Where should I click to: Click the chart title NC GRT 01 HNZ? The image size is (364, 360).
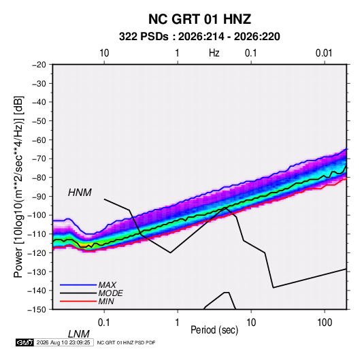[199, 19]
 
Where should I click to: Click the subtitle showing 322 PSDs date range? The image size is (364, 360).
[199, 37]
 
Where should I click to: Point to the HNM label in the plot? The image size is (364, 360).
[80, 193]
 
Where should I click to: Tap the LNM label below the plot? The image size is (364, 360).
[79, 334]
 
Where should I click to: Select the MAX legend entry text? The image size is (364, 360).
[107, 284]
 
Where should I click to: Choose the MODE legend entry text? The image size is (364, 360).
[110, 293]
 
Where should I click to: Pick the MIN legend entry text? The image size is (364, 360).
[106, 301]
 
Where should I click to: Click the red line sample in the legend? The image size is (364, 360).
[78, 301]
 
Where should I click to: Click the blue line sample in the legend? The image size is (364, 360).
[78, 284]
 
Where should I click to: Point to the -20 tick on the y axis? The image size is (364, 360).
[39, 65]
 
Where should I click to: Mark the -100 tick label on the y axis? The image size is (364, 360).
[37, 215]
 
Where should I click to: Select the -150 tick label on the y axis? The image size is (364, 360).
[37, 310]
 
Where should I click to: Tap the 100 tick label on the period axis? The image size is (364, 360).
[325, 323]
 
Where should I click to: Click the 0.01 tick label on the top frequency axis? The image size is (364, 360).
[324, 53]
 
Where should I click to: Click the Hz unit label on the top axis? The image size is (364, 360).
[214, 53]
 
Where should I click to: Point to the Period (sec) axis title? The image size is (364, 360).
[214, 330]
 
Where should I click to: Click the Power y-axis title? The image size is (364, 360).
[18, 187]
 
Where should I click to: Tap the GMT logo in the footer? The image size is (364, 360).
[25, 342]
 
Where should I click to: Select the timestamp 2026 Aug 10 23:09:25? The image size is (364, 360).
[63, 342]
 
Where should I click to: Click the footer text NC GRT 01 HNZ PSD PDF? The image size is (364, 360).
[126, 342]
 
